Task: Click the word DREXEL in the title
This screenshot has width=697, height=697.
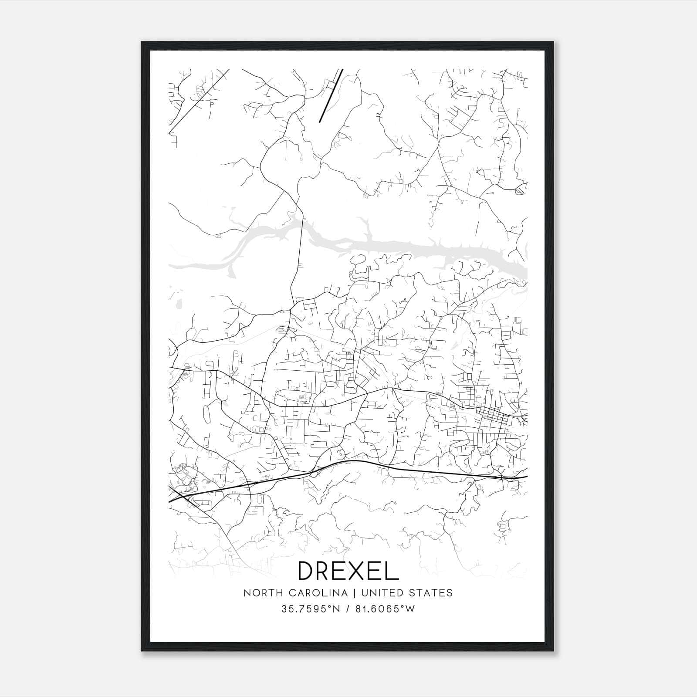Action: click(x=348, y=570)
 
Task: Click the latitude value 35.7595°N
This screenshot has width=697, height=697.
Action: click(x=310, y=609)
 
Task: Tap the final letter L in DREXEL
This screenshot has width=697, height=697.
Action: click(x=392, y=570)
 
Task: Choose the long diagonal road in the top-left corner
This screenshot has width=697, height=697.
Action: click(x=198, y=100)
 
